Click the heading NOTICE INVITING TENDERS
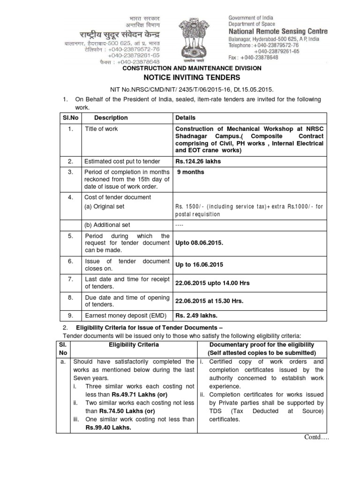coord(181,77)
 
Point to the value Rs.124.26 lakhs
coord(198,162)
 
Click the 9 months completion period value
coord(190,172)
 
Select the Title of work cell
coord(101,129)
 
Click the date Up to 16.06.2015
coord(199,265)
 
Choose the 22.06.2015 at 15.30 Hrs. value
coord(209,300)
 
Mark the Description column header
coord(111,118)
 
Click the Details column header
coord(185,118)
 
